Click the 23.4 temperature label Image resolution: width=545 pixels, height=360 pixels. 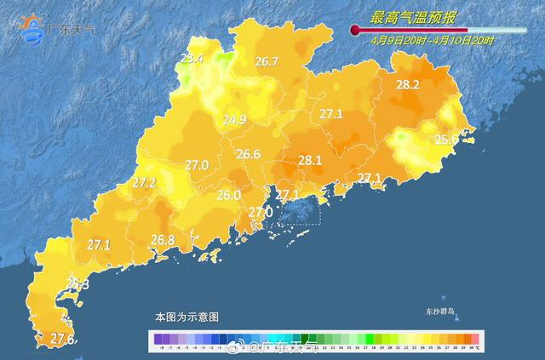coord(192,59)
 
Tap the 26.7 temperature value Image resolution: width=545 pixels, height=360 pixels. coord(267,61)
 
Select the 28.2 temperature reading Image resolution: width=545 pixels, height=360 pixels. coord(409,84)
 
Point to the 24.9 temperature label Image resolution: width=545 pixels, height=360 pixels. coord(234,120)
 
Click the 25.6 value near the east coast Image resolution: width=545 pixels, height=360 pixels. coord(446,139)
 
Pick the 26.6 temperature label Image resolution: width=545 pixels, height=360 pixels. coord(248,154)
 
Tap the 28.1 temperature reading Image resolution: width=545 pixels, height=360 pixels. coord(309,159)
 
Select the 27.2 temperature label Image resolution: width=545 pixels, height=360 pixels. coord(144,182)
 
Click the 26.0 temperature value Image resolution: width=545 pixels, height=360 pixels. coord(227,195)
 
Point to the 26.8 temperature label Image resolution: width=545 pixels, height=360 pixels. coord(163,240)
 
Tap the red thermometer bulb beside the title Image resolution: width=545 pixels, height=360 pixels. coord(353,30)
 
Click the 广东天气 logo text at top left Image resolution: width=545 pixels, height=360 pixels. coord(72,29)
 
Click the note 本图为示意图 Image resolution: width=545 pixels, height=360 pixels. coord(186,317)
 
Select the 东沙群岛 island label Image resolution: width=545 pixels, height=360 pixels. coord(441,311)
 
